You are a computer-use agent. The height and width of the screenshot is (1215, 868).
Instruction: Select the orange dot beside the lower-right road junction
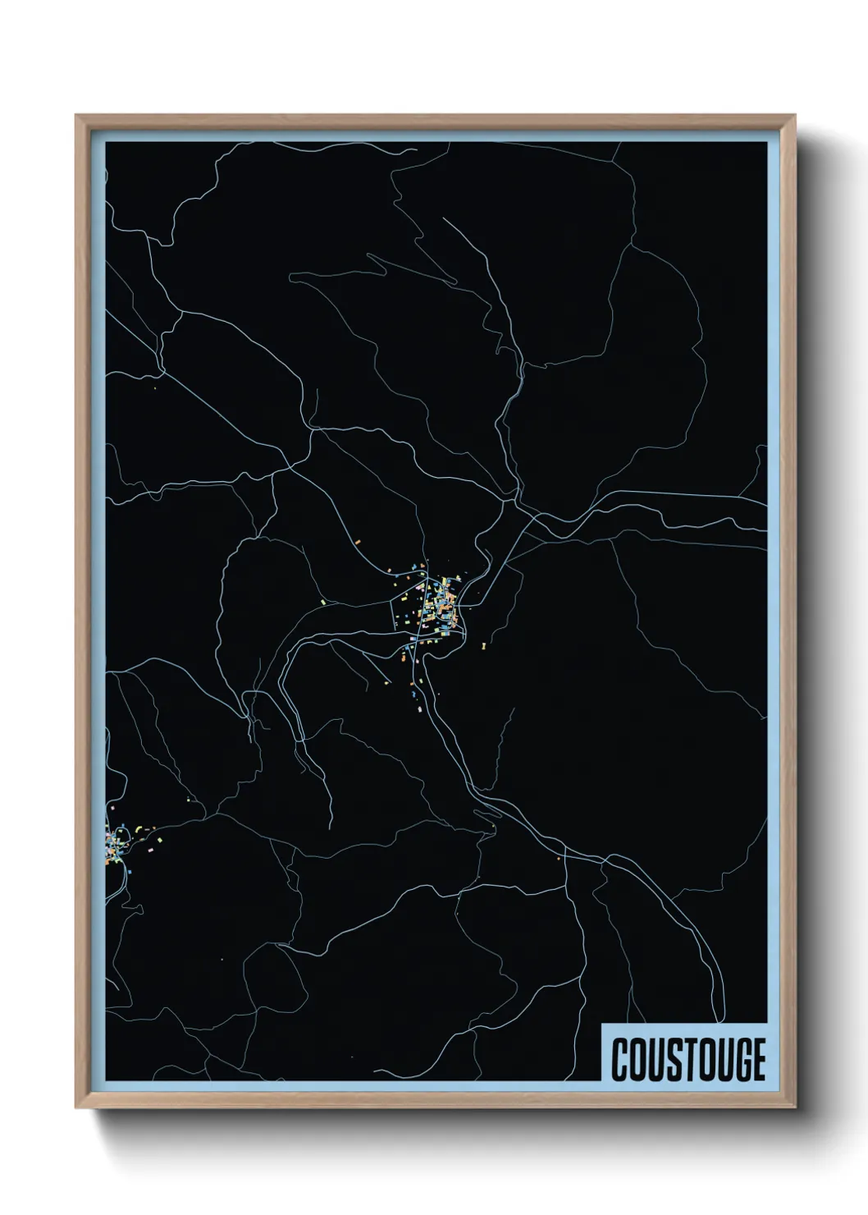(558, 860)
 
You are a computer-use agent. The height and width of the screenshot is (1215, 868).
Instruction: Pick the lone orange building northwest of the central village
(358, 542)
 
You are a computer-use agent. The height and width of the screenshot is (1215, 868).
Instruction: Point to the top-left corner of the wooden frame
(75, 115)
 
